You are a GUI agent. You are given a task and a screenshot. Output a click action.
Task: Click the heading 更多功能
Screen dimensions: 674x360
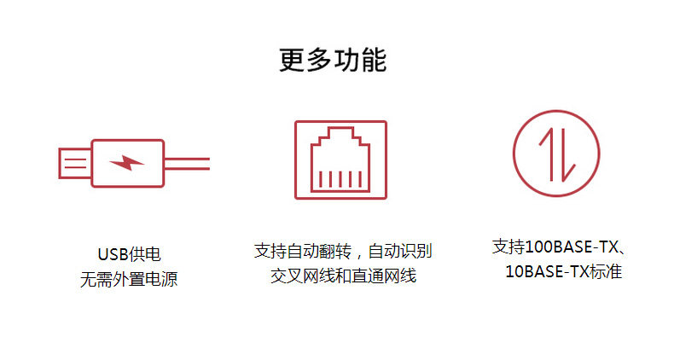pos(333,60)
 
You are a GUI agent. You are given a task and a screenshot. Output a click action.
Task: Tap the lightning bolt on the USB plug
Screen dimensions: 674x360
pos(126,162)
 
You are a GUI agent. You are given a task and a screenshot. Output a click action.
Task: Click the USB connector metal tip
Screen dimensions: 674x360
pos(75,163)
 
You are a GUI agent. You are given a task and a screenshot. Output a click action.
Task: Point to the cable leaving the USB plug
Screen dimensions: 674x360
pos(187,164)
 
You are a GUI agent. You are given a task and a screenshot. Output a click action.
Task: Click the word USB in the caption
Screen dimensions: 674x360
pos(113,254)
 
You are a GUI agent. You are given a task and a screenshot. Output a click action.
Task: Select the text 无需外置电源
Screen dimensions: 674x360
pos(129,279)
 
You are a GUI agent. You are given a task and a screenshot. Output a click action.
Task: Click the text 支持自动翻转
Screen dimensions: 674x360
pos(303,251)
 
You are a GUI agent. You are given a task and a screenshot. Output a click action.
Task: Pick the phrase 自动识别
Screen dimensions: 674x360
pos(400,251)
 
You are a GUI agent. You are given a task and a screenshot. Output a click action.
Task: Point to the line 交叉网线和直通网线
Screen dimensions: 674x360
pos(343,276)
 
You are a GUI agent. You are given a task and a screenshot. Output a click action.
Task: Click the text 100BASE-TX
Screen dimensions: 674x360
pos(572,247)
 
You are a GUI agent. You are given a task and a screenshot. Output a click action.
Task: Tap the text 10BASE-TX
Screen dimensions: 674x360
pos(547,271)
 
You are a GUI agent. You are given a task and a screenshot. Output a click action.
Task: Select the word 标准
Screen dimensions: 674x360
pos(606,271)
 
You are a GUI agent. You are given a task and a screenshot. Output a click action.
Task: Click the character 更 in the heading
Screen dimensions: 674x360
pos(292,60)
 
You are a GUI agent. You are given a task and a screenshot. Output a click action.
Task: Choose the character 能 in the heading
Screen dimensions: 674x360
pos(374,60)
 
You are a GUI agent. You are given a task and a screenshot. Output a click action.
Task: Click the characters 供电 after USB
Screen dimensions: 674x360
pos(144,254)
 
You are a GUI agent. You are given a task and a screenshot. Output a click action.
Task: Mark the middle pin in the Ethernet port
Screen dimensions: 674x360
pos(340,179)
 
